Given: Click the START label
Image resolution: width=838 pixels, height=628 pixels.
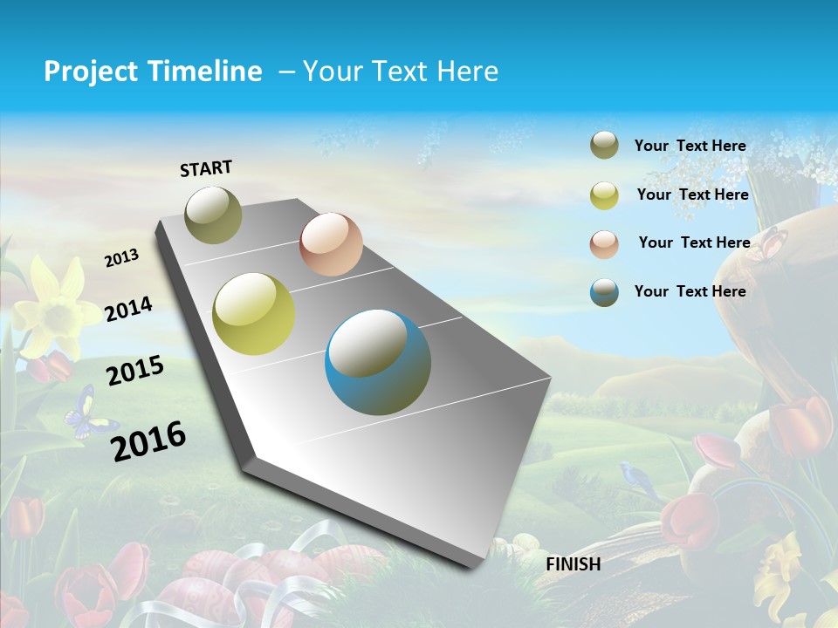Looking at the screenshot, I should pyautogui.click(x=206, y=167).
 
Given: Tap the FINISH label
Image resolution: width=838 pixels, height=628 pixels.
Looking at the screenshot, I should pyautogui.click(x=573, y=563).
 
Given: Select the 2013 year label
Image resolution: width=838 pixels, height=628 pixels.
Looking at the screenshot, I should pyautogui.click(x=121, y=257).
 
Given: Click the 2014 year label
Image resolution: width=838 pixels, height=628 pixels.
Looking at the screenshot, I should pyautogui.click(x=128, y=308).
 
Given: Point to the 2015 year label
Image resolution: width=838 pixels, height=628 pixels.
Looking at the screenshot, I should pyautogui.click(x=134, y=371).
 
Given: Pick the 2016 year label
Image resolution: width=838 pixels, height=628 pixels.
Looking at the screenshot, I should pyautogui.click(x=148, y=440).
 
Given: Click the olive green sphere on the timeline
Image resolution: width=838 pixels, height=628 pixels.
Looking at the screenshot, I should pyautogui.click(x=214, y=215).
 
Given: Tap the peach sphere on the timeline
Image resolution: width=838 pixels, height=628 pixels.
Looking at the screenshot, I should pyautogui.click(x=331, y=243).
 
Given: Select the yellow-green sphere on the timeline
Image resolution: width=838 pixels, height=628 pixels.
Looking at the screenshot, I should pyautogui.click(x=254, y=313).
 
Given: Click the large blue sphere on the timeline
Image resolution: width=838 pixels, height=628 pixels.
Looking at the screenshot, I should pyautogui.click(x=378, y=362).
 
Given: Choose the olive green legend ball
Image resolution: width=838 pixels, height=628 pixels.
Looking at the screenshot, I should pyautogui.click(x=604, y=145).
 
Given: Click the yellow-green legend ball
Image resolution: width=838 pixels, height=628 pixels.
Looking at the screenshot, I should pyautogui.click(x=604, y=195).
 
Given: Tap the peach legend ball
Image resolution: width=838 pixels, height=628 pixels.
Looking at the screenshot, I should pyautogui.click(x=604, y=243).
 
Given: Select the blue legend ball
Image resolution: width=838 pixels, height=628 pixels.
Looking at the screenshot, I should pyautogui.click(x=604, y=292).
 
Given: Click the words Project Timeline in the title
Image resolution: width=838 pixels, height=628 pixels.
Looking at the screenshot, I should pyautogui.click(x=153, y=72).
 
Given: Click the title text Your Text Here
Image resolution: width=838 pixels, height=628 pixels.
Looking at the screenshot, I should pyautogui.click(x=401, y=72).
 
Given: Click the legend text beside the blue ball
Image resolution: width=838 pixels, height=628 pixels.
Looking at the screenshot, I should pyautogui.click(x=690, y=291).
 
